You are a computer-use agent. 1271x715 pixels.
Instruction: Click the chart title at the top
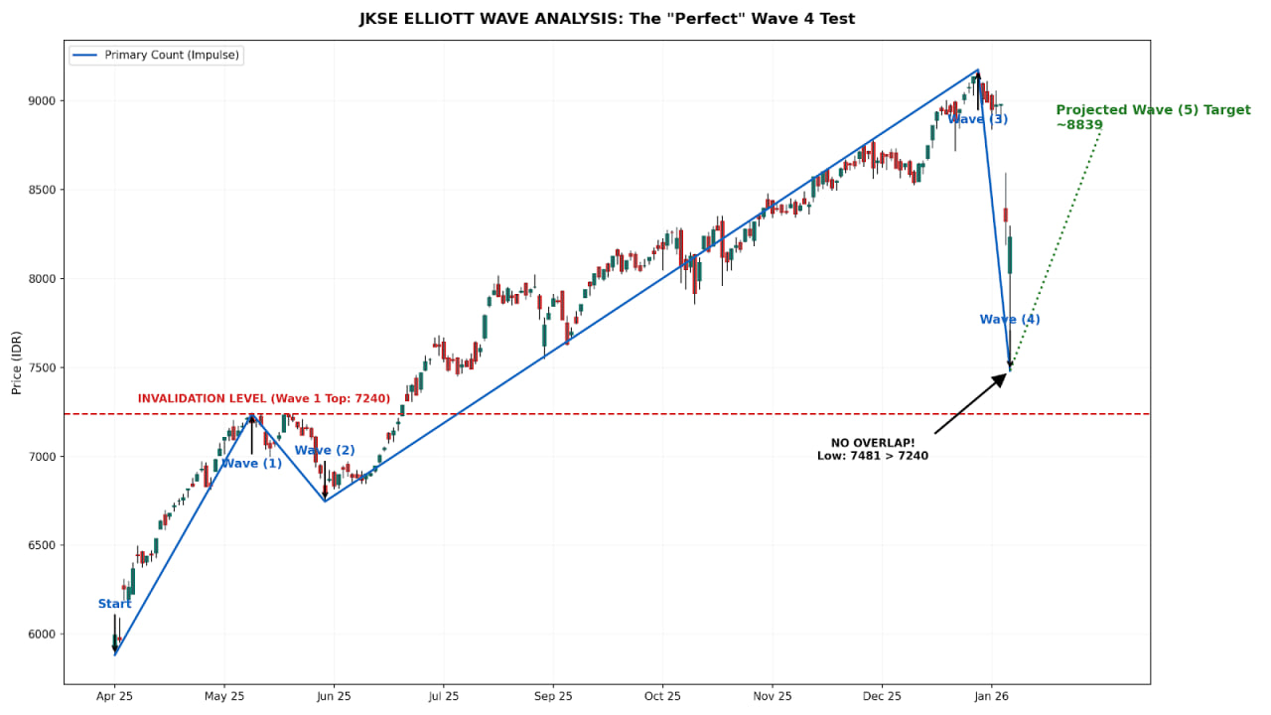(607, 19)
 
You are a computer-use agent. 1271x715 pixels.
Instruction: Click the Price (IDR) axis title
(16, 361)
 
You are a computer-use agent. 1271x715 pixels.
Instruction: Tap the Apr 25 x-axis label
(114, 697)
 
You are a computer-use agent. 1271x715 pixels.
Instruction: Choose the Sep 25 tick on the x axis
(553, 697)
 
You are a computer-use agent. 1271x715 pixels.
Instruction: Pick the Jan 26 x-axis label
(991, 697)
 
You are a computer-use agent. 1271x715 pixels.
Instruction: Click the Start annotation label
(114, 604)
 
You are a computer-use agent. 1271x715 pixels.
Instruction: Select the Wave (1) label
(251, 464)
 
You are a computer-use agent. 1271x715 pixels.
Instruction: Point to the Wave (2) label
(325, 451)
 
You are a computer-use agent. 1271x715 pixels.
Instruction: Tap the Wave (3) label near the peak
(978, 120)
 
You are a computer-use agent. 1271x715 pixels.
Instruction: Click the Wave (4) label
(1010, 320)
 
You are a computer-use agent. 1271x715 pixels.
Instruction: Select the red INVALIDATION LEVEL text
(264, 399)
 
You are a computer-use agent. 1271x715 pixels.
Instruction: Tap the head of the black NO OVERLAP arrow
(1003, 376)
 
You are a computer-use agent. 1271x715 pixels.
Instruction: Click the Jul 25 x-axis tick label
(443, 697)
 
